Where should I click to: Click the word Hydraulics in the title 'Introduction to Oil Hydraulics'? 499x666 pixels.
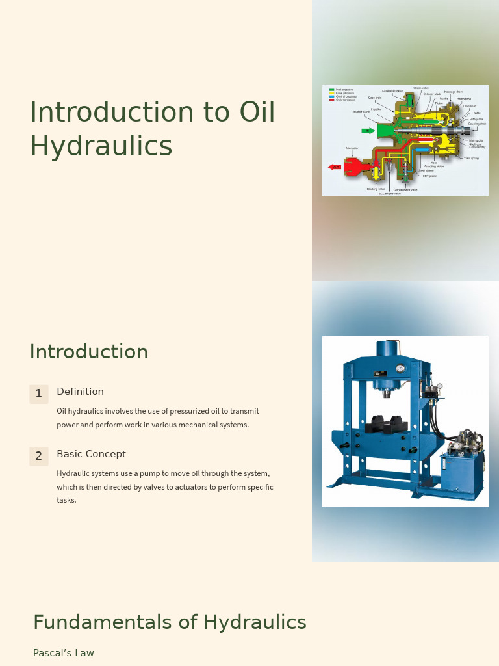(x=101, y=146)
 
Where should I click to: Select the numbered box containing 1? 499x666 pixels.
(x=38, y=393)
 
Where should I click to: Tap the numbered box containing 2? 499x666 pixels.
(x=38, y=456)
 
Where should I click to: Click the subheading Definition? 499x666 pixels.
(x=80, y=392)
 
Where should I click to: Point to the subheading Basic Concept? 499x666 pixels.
(x=91, y=454)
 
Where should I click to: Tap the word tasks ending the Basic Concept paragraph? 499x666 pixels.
(x=66, y=500)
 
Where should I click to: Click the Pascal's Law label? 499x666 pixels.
(x=64, y=653)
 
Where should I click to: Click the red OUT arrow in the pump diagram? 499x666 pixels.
(x=335, y=167)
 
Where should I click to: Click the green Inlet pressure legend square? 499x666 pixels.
(x=331, y=90)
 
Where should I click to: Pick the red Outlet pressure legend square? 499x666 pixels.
(x=331, y=100)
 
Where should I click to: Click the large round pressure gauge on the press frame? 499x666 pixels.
(x=400, y=369)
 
